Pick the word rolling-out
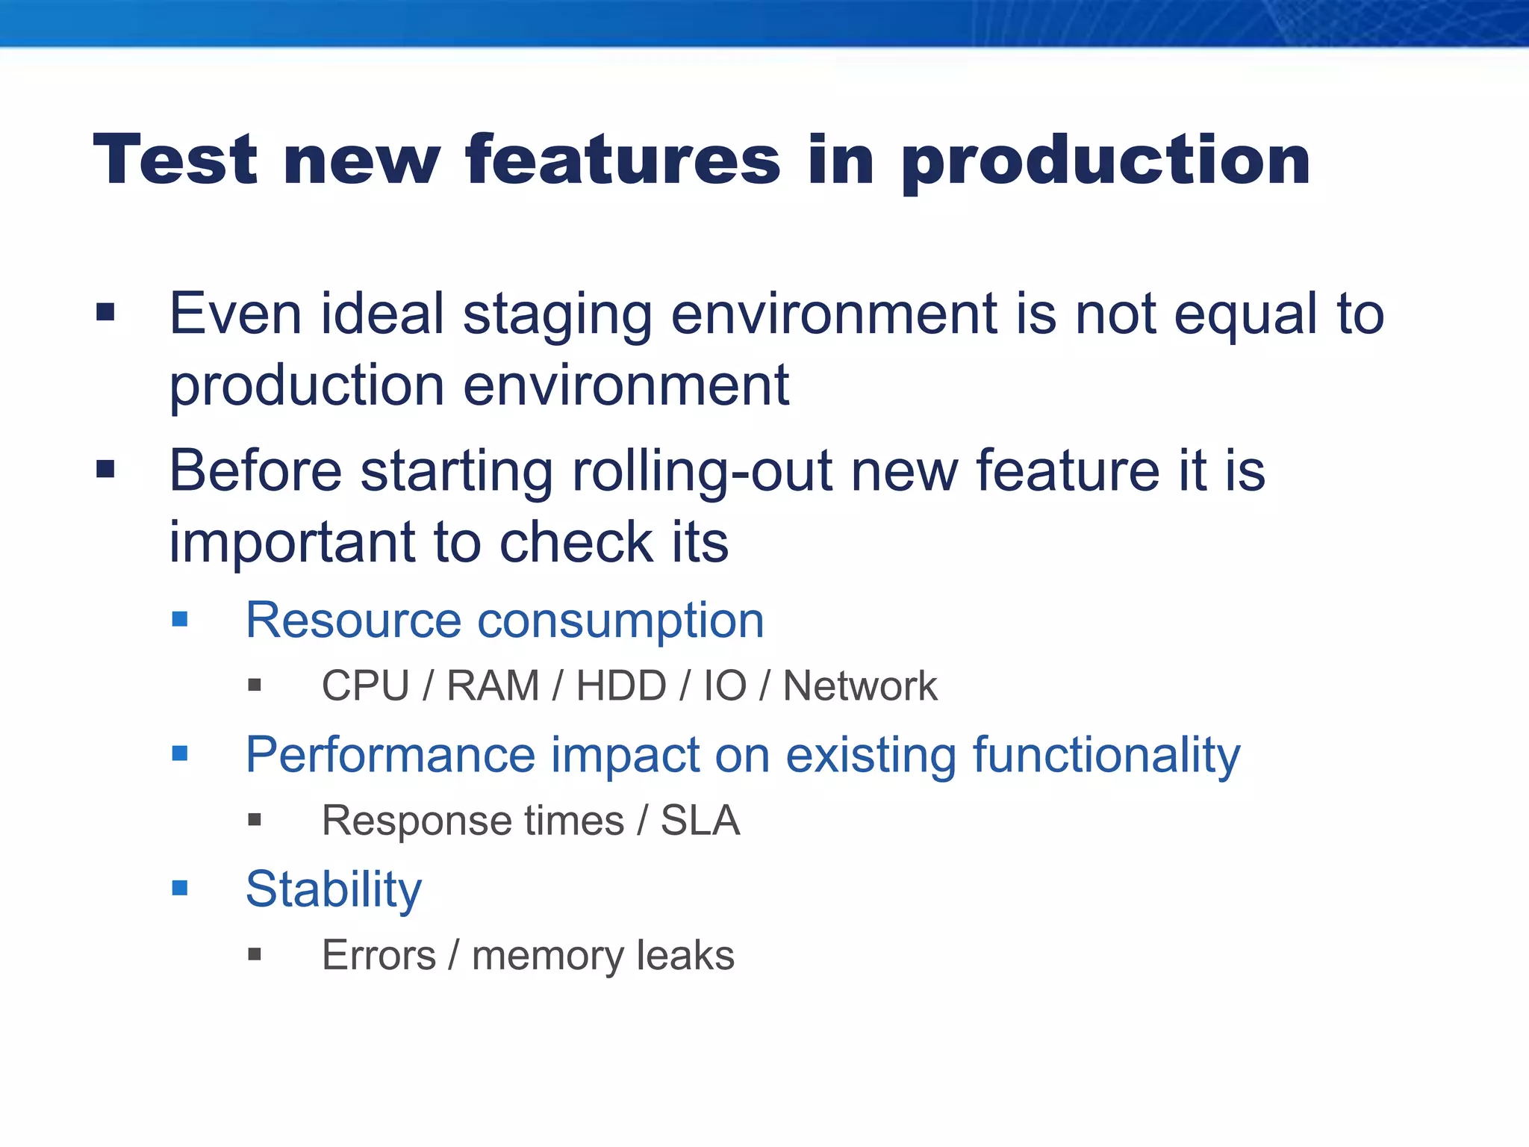pos(702,472)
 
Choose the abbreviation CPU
pos(365,686)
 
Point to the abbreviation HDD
pos(621,686)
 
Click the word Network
pos(859,686)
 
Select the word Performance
pos(390,755)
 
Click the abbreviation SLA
pos(700,821)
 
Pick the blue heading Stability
pos(333,889)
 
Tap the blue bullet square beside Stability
pos(180,888)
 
